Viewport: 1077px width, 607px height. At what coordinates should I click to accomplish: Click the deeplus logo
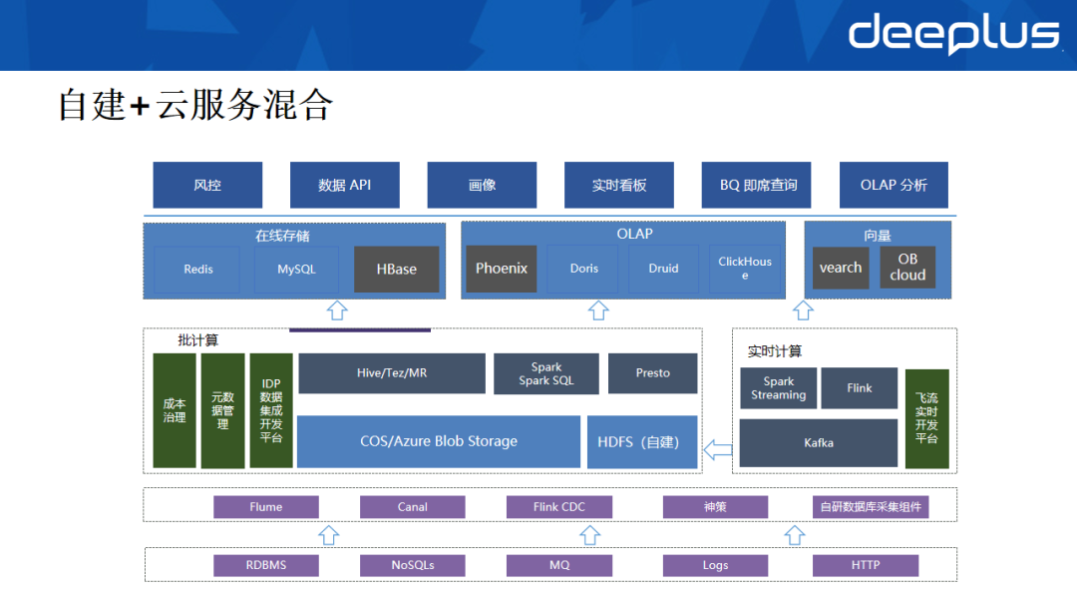point(952,34)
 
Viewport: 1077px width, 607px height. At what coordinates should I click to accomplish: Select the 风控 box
point(207,185)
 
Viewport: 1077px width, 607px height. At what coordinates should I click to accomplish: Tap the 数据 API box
point(344,185)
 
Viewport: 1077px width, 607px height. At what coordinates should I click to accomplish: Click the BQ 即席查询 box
point(756,185)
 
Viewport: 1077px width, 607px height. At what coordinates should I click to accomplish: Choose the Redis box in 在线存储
point(197,270)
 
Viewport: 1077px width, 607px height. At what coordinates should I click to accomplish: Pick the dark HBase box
point(396,270)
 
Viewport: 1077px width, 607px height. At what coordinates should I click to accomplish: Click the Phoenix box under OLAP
point(501,269)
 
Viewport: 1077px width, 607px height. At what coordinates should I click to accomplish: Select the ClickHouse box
point(744,269)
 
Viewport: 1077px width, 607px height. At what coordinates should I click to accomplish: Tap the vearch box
point(840,268)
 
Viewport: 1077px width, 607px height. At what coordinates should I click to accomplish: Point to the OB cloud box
point(907,268)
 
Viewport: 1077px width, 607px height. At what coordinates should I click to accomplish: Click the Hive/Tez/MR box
point(391,373)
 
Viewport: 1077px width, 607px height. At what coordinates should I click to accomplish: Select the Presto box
point(652,373)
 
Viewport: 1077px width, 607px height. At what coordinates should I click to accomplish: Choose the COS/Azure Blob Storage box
point(438,441)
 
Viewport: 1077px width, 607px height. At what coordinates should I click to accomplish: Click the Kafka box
point(818,442)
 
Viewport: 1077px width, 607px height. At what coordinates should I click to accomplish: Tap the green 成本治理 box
point(175,410)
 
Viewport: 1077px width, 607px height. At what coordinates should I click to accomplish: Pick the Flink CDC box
point(558,507)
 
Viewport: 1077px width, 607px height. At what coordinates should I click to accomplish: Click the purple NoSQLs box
point(412,565)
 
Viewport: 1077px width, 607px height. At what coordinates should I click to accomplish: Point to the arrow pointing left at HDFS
point(717,448)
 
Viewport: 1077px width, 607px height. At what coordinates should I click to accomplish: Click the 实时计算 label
point(774,351)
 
